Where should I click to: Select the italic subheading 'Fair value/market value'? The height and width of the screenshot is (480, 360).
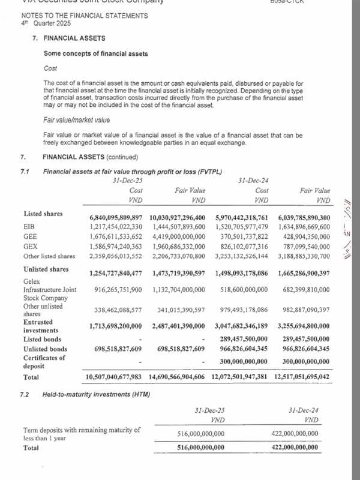point(76,120)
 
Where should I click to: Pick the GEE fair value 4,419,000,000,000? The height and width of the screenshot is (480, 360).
point(178,236)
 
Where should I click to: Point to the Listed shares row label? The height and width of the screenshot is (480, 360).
point(43,214)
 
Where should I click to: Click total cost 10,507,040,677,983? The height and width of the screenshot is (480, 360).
point(114,377)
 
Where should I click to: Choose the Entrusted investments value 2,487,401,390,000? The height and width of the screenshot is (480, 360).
point(178,325)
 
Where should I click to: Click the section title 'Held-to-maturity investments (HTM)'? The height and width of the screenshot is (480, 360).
point(96,395)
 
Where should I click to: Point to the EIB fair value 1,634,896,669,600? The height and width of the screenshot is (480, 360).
point(304,227)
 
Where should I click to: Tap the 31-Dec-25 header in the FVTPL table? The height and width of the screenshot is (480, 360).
point(127,180)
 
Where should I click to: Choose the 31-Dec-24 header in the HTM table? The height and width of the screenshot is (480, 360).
point(304,410)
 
